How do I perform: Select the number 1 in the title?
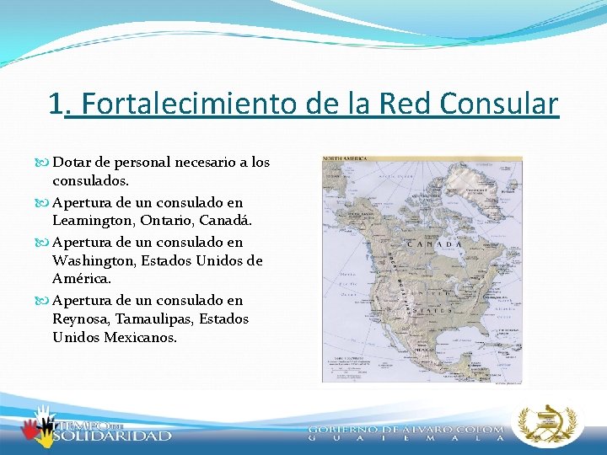(x=56, y=104)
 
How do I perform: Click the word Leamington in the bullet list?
(x=93, y=220)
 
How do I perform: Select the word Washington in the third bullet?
(x=93, y=260)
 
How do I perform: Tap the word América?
(x=82, y=277)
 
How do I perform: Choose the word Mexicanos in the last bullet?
(x=140, y=337)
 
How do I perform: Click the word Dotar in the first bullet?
(x=71, y=162)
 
